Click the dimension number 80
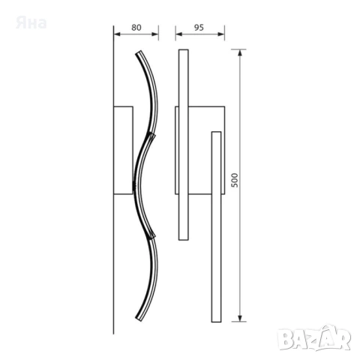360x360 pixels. coord(136,28)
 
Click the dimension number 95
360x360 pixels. coord(199,28)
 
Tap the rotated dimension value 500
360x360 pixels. coord(235,180)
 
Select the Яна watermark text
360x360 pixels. coord(31,23)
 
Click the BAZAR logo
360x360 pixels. coord(314,338)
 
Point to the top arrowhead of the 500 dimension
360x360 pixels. coord(240,52)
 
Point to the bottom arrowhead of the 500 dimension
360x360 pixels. coord(240,318)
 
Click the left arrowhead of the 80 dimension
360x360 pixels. coord(117,34)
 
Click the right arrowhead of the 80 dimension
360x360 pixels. coord(155,34)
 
